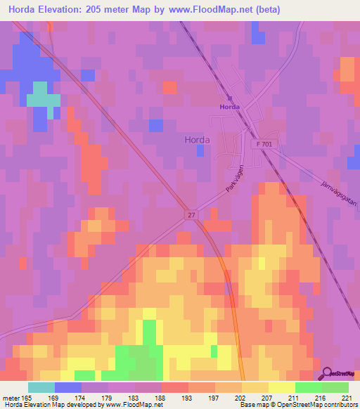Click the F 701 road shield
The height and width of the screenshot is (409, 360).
(261, 143)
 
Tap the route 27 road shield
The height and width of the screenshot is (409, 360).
(191, 215)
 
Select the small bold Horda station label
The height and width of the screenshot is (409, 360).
(230, 107)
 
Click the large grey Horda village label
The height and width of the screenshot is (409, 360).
(197, 139)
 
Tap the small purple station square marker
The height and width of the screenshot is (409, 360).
(230, 98)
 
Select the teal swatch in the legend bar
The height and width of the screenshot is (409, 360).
(41, 387)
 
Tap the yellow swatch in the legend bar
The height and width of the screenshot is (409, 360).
(281, 387)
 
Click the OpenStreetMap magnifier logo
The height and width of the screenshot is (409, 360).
(328, 373)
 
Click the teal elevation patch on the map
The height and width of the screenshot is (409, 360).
(43, 94)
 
